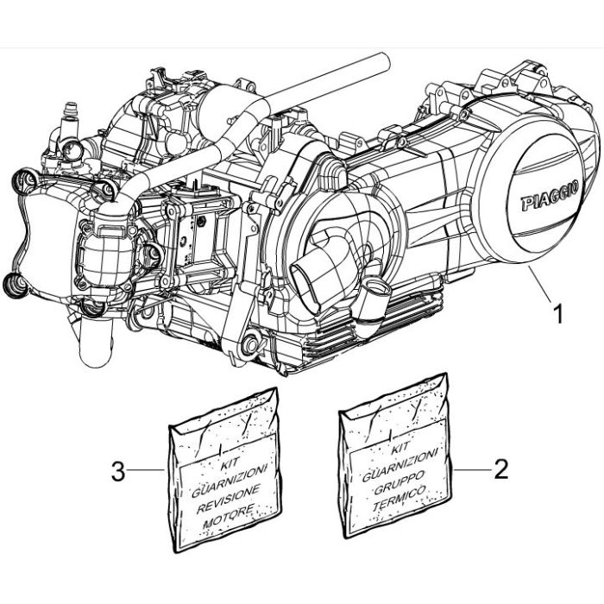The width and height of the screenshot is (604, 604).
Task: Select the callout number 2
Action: pos(500,470)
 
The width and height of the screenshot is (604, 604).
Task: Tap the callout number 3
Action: pos(118,471)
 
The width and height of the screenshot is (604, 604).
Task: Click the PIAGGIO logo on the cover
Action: pos(551,198)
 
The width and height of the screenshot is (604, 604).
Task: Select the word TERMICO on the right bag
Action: pos(400,498)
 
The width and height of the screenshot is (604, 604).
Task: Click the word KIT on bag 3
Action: pos(230,463)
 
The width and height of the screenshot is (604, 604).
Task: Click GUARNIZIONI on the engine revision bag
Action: pos(230,481)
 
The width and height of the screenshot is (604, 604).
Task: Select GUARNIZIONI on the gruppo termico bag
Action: pos(400,466)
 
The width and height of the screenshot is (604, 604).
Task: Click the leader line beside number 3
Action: pos(146,469)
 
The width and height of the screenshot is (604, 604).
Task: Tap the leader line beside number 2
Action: pos(472,469)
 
